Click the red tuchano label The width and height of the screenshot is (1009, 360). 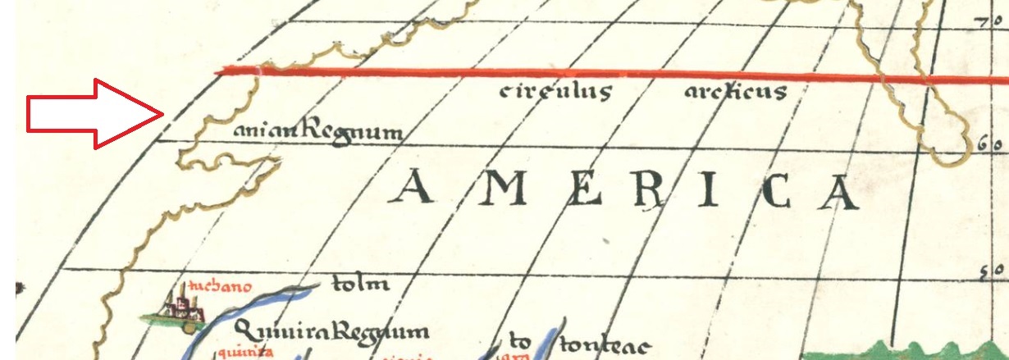[x=218, y=287]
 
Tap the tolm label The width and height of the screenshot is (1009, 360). [x=358, y=285]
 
